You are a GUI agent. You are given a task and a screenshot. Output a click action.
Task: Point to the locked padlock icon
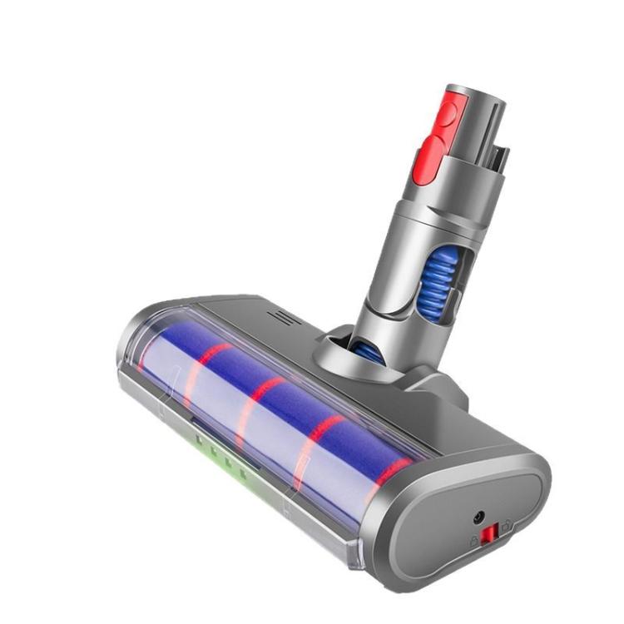tap(474, 538)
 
